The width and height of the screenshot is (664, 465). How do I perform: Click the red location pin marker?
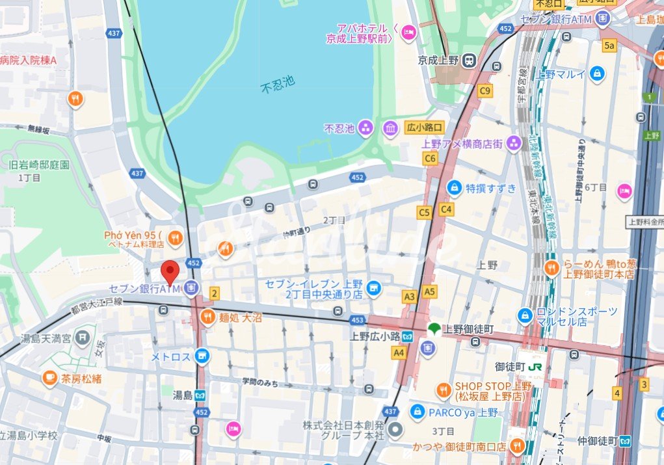click(x=170, y=271)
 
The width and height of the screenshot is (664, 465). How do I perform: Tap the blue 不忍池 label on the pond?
click(x=278, y=83)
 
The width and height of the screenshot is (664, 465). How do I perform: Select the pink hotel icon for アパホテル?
click(x=408, y=31)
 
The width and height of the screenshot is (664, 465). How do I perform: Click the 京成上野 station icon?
click(x=468, y=60)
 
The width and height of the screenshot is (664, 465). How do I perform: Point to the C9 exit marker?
click(x=485, y=91)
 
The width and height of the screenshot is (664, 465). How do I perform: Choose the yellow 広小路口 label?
click(x=425, y=127)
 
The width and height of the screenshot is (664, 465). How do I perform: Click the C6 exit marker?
click(x=430, y=158)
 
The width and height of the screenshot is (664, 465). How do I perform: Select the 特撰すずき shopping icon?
click(x=455, y=188)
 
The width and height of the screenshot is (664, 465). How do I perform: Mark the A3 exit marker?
click(x=409, y=297)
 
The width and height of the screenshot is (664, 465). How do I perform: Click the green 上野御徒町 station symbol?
click(x=433, y=329)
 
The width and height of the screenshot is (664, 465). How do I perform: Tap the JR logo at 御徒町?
click(x=537, y=367)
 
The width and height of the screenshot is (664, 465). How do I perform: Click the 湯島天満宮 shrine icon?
click(x=82, y=337)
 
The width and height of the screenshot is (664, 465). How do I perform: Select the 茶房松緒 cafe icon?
click(x=49, y=377)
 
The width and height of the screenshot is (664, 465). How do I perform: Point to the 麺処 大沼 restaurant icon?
click(x=207, y=317)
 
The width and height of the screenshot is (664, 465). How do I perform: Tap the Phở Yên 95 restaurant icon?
click(x=174, y=239)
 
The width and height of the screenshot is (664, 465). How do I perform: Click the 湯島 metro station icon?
click(x=200, y=395)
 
